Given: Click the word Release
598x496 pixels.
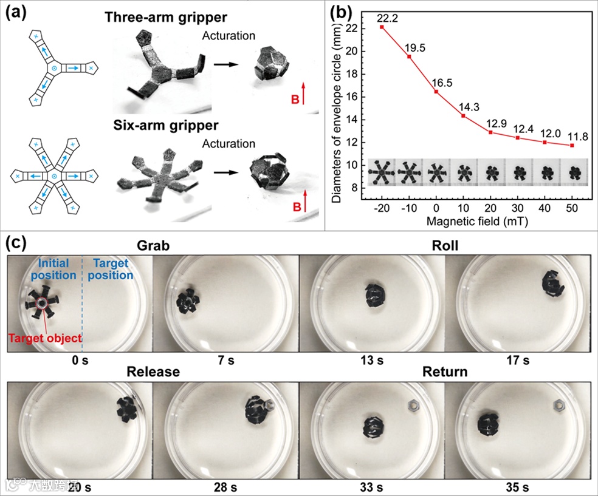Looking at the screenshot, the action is tap(153, 371).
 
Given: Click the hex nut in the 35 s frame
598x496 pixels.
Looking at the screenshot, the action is tap(557, 404).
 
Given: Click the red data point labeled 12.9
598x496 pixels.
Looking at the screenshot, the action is tap(490, 132).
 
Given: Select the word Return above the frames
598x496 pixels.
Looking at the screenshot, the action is tap(446, 371).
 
